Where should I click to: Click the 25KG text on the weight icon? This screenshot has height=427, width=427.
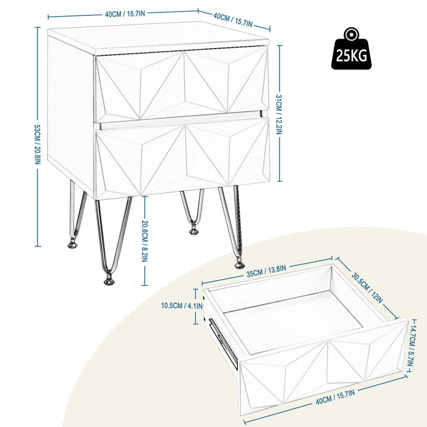[x=353, y=57]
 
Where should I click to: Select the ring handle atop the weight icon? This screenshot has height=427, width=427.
[x=353, y=34]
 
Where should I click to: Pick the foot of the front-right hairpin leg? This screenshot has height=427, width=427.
[x=238, y=264]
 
